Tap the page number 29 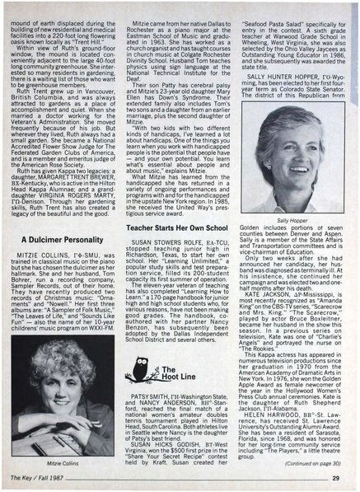coord(347,479)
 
